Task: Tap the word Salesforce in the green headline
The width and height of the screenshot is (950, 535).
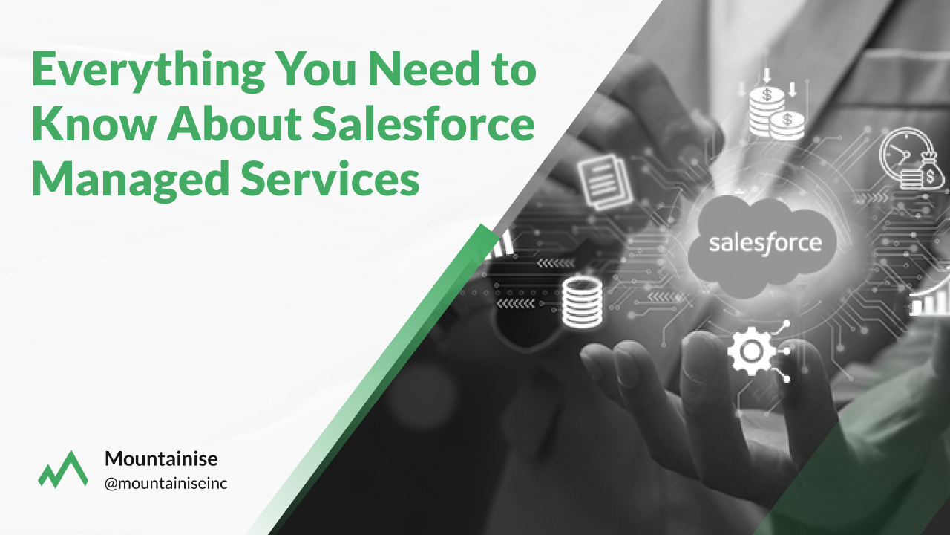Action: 423,123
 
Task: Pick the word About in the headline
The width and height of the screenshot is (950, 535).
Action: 234,123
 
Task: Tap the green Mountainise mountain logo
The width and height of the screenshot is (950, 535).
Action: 63,469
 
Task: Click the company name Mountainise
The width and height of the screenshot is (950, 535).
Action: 161,458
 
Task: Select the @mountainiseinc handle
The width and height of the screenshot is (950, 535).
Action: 166,483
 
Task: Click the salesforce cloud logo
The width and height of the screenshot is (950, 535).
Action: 761,246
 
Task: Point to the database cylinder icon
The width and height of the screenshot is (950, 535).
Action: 582,302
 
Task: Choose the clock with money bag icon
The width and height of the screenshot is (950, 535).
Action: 911,158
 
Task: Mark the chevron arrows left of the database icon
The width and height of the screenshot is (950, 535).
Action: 516,303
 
